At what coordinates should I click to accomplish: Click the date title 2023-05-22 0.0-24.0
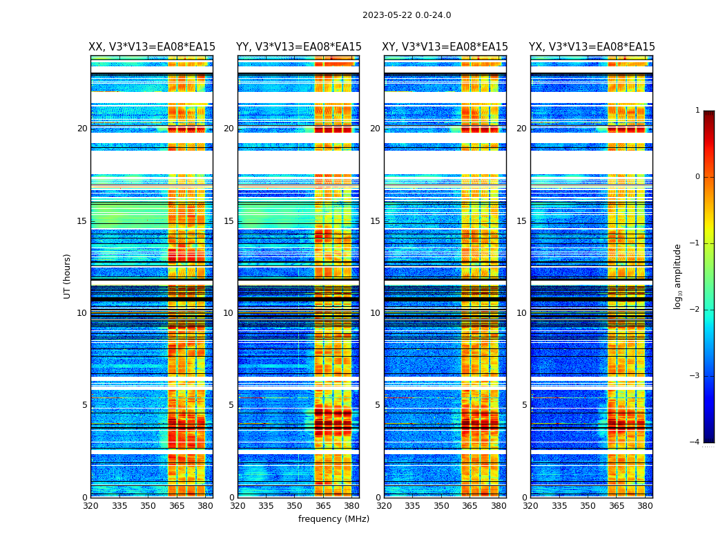[407, 15]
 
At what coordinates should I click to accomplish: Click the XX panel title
[152, 47]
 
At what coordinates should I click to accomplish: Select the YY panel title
[298, 47]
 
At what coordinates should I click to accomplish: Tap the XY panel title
[445, 47]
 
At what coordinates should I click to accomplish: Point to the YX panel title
[592, 47]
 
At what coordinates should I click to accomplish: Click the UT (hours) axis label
[67, 276]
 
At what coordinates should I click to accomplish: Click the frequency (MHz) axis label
[333, 519]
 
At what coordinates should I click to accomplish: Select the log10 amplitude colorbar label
[677, 276]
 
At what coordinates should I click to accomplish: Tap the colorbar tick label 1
[697, 111]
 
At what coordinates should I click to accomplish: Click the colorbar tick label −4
[695, 442]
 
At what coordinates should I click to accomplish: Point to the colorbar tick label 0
[697, 177]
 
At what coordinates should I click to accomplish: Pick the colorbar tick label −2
[695, 310]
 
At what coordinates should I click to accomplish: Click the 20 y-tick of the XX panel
[82, 129]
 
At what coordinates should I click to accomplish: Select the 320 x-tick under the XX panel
[90, 506]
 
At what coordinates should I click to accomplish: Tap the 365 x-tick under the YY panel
[323, 506]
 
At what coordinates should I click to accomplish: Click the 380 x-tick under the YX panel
[645, 506]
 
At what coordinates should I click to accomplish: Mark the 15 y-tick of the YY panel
[229, 221]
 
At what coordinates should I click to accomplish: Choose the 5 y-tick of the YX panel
[524, 405]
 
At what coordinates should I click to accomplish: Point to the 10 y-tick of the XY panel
[375, 313]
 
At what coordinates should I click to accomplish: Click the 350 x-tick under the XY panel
[441, 506]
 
